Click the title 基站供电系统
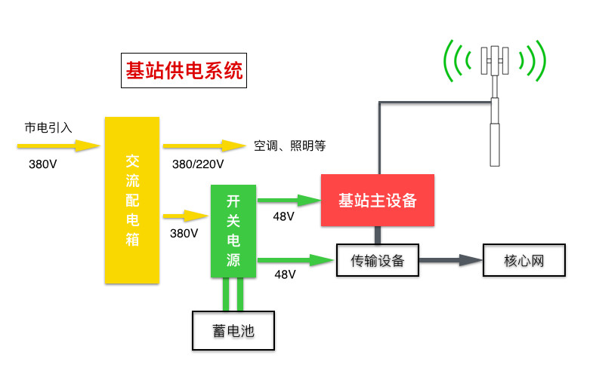[184, 72]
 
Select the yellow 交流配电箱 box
[132, 200]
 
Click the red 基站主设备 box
[378, 200]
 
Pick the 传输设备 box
[378, 261]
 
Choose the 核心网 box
[524, 261]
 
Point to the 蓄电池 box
[233, 330]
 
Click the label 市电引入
[48, 127]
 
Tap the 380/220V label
[198, 164]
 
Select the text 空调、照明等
[289, 146]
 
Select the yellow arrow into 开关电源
[186, 216]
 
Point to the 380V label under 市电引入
[42, 164]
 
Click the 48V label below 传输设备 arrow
[285, 274]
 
